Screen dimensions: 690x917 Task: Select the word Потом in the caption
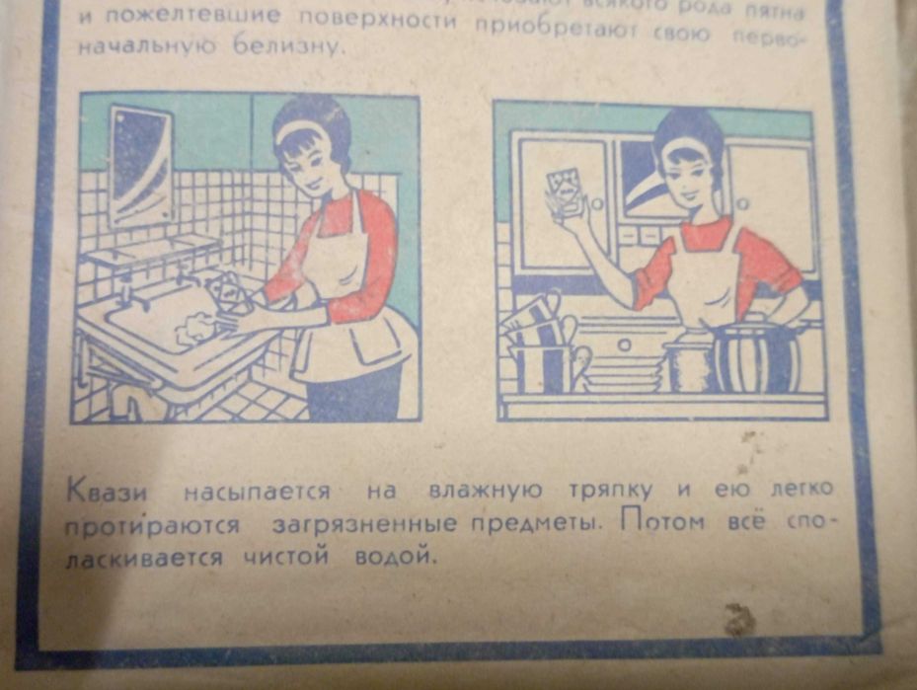point(663,521)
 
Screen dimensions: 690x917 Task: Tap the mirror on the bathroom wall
point(139,164)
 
